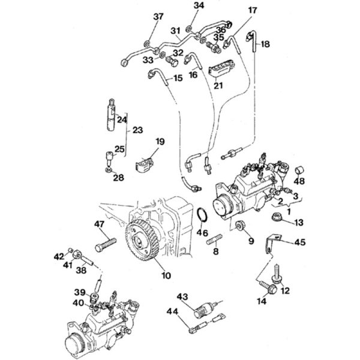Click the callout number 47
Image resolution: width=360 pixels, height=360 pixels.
pyautogui.click(x=99, y=224)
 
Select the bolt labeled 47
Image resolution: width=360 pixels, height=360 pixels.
pyautogui.click(x=106, y=245)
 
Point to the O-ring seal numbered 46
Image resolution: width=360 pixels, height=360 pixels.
pyautogui.click(x=203, y=214)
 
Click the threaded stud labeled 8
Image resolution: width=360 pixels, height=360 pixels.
pyautogui.click(x=214, y=239)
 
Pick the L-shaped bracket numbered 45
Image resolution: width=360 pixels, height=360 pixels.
pyautogui.click(x=272, y=244)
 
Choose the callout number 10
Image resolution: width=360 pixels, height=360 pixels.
pyautogui.click(x=166, y=275)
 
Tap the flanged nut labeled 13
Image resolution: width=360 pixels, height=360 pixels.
pyautogui.click(x=277, y=217)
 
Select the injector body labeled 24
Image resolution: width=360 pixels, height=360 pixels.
pyautogui.click(x=112, y=115)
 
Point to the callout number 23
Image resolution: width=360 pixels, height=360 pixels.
pyautogui.click(x=137, y=130)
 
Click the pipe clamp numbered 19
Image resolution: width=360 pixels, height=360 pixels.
pyautogui.click(x=143, y=163)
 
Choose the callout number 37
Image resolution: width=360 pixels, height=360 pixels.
pyautogui.click(x=158, y=17)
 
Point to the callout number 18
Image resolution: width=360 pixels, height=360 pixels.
pyautogui.click(x=265, y=44)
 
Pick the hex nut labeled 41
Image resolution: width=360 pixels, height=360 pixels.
pyautogui.click(x=76, y=254)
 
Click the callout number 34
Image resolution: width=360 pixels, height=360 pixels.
pyautogui.click(x=199, y=6)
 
